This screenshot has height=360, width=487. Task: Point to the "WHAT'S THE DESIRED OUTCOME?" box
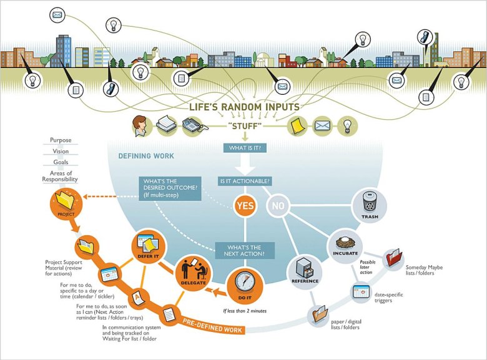pyautogui.click(x=170, y=188)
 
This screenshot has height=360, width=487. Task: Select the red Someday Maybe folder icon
pyautogui.click(x=393, y=257)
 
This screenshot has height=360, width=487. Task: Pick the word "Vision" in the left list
pyautogui.click(x=61, y=151)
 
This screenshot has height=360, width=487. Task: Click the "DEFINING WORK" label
pyautogui.click(x=146, y=155)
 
